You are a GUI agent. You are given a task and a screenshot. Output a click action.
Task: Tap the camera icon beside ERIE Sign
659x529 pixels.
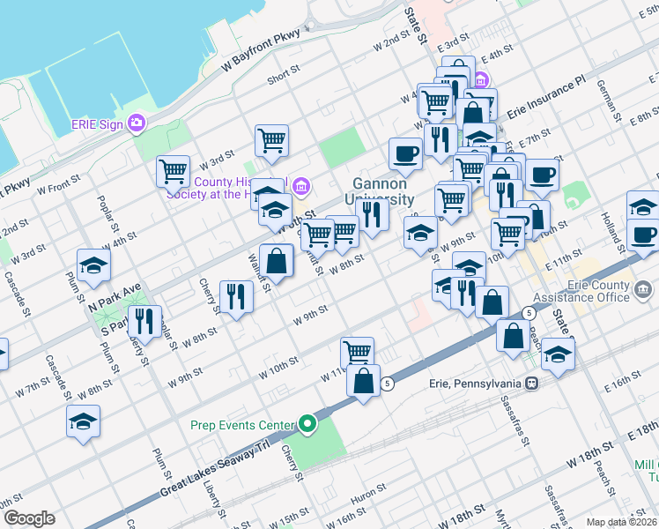point(137,123)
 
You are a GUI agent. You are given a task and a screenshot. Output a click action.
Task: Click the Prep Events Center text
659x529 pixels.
point(242,425)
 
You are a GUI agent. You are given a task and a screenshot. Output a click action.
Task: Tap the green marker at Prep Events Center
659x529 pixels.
point(307,425)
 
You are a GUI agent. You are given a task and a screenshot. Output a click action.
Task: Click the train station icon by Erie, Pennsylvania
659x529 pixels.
point(531,384)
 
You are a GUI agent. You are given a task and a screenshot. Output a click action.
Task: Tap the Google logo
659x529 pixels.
point(28,518)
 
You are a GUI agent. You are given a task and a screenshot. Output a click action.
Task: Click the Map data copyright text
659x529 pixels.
point(621,523)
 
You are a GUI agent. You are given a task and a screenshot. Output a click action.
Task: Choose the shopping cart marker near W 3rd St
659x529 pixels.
point(271,140)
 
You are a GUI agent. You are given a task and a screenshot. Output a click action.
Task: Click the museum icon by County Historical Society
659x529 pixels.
point(300,185)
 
